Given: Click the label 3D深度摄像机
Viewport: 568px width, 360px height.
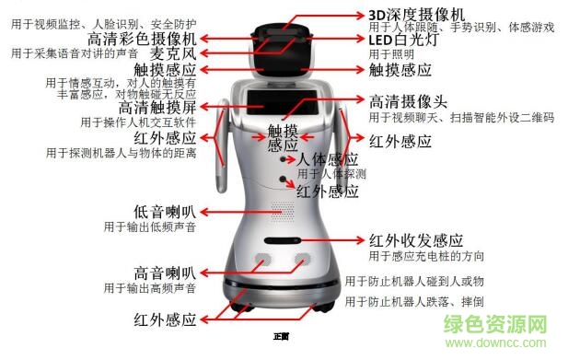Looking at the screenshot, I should tap(416, 13).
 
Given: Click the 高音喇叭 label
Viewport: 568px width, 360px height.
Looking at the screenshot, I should tap(164, 273).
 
